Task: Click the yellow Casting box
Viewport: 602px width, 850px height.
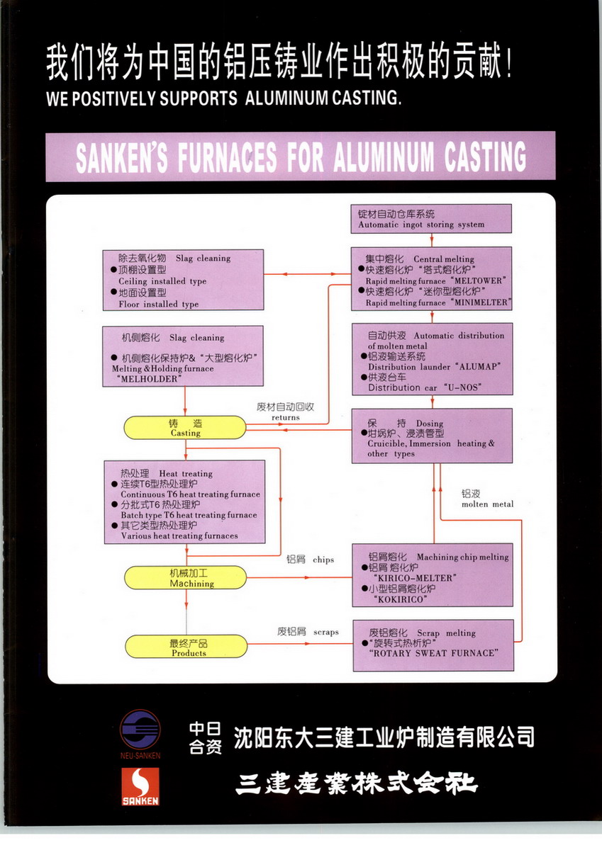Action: pos(185,427)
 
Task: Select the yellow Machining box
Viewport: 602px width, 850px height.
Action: pos(185,578)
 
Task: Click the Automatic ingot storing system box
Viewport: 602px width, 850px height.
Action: pos(431,219)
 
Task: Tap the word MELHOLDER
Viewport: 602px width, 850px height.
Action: pos(151,380)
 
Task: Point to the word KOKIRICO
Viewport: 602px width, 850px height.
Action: pos(399,599)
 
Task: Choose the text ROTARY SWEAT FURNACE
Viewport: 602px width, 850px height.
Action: pos(433,653)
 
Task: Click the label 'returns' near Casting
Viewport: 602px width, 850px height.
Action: pos(285,417)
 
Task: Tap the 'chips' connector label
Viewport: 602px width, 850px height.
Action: pos(323,560)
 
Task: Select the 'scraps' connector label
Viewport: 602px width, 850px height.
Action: pos(325,632)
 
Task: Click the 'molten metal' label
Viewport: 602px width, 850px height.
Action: pos(487,504)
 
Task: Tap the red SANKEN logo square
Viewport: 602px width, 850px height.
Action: pos(140,787)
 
